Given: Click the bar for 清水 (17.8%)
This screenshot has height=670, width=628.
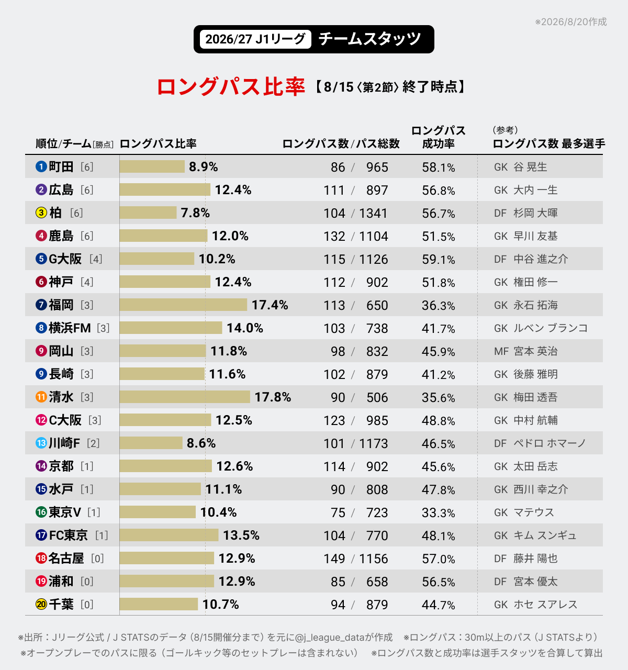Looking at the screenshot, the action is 185,397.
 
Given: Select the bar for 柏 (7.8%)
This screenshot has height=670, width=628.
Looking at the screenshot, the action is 148,213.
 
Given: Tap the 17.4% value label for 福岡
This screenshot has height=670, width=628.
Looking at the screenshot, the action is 270,305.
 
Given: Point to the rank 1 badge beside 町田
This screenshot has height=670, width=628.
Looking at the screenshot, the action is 41,166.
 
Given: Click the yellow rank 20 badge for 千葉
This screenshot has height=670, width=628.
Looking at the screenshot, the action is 41,604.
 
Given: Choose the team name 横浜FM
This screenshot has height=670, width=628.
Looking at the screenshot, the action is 70,328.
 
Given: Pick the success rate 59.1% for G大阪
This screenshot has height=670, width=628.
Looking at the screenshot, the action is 439,259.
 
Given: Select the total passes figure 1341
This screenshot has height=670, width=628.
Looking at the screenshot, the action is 373,213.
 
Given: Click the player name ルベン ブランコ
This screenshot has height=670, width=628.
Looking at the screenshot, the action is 551,328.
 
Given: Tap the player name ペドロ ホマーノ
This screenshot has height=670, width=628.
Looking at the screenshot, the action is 549,443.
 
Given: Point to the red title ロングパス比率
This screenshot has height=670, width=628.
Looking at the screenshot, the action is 231,87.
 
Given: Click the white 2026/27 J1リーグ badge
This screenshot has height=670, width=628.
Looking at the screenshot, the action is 255,39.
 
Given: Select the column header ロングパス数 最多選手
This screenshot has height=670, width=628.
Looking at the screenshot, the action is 548,144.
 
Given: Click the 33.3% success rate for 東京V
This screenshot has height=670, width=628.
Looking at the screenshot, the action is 439,512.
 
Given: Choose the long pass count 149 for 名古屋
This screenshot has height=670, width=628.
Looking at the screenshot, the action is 334,559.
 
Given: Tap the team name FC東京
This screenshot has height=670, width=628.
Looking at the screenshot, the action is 68,535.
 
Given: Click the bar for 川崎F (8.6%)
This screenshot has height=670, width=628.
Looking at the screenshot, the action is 151,443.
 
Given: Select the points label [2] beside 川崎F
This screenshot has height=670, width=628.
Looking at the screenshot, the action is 93,443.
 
